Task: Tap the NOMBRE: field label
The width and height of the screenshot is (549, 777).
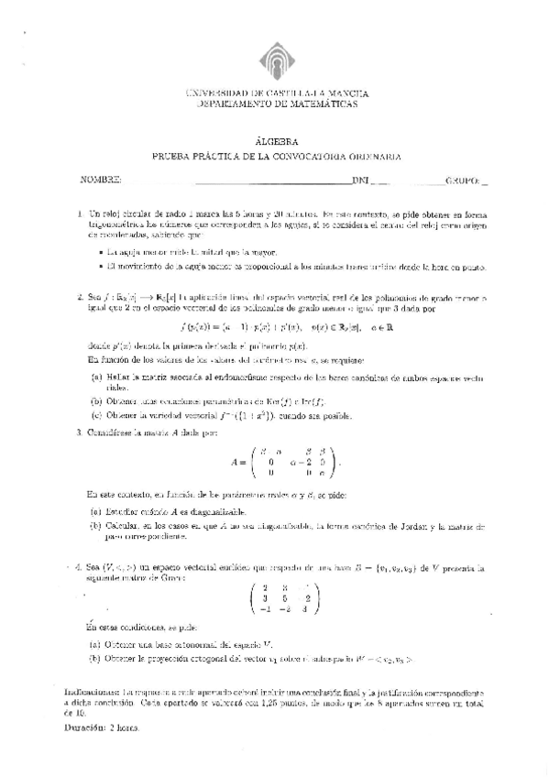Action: (x=101, y=181)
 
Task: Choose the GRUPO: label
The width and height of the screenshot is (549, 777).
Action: (x=463, y=181)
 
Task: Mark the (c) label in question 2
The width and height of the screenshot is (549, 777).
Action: (x=96, y=414)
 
